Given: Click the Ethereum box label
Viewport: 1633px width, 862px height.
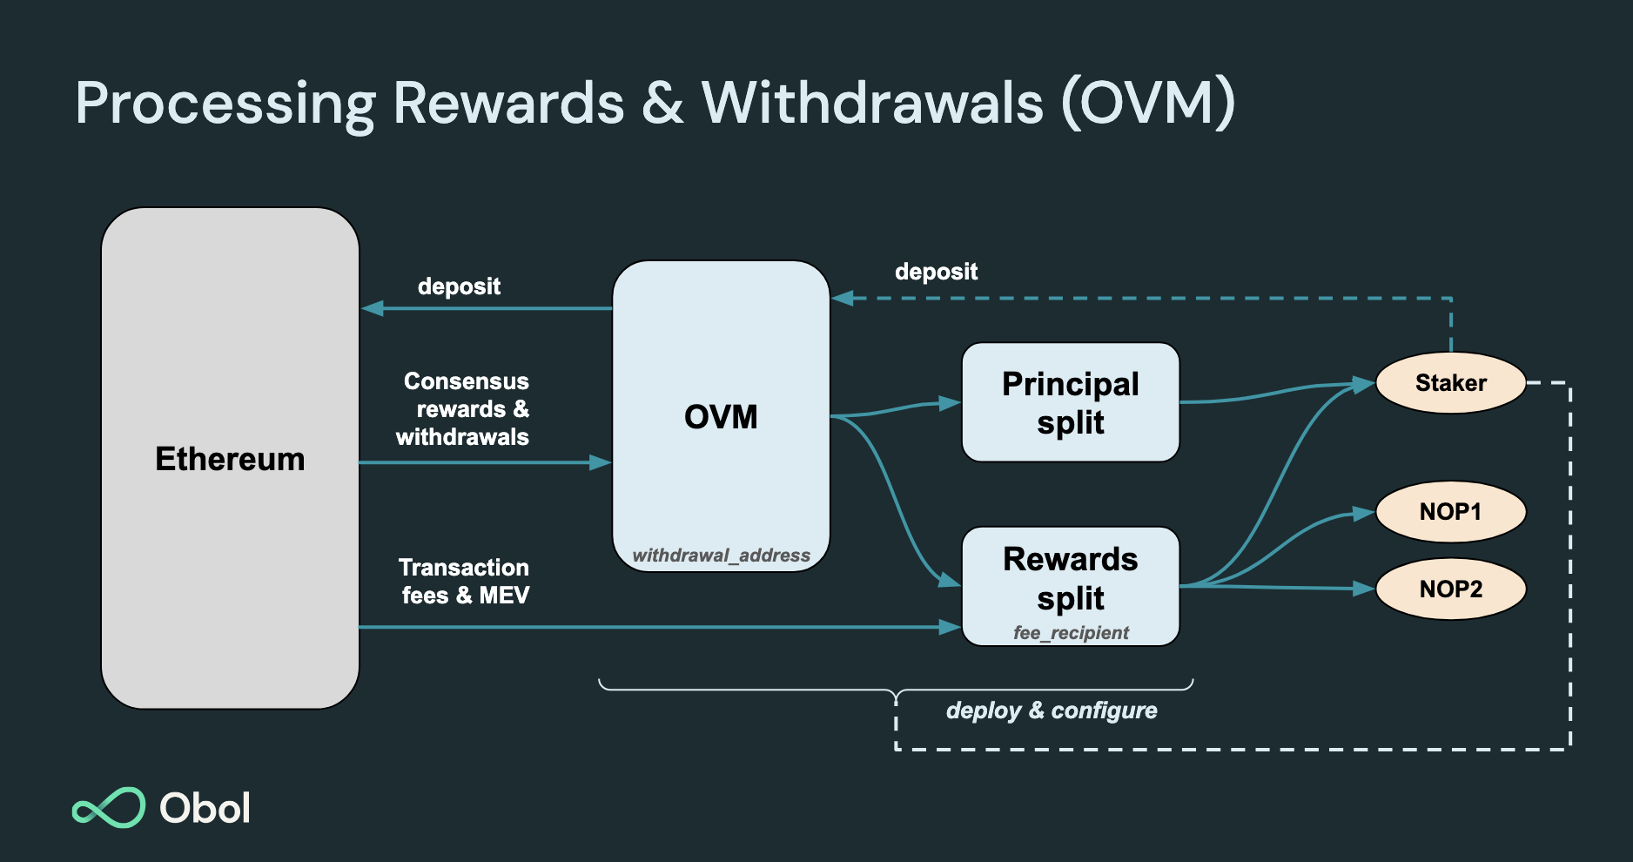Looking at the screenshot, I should tap(230, 459).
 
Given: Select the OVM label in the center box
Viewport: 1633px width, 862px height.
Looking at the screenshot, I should tap(721, 417).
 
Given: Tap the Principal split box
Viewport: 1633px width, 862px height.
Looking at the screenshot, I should tap(1070, 402).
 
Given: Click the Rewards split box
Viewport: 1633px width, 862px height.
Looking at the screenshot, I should tap(1070, 578).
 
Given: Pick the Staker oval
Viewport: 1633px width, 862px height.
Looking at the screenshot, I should tap(1450, 383).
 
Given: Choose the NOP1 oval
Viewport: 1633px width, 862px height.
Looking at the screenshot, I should tap(1450, 512).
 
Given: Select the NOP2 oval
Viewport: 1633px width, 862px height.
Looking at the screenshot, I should tap(1450, 589).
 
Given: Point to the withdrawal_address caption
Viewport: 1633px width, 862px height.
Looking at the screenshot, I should tap(721, 556).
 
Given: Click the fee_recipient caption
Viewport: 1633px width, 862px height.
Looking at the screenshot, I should tap(1071, 633).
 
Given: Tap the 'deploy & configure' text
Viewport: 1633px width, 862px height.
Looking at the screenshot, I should tap(1052, 710).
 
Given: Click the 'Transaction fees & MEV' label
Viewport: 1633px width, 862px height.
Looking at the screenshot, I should tap(465, 582).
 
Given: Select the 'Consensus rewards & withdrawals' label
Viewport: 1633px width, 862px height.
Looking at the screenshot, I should tap(464, 409).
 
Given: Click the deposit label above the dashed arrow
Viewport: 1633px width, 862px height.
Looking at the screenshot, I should tap(936, 272).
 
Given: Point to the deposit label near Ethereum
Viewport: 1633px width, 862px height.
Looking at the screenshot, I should tap(459, 286).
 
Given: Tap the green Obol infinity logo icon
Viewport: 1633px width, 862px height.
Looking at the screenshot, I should tap(109, 808).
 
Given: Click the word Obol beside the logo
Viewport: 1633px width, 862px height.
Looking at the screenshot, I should tap(205, 808).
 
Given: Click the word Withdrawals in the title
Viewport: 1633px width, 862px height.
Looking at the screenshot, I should tap(872, 103).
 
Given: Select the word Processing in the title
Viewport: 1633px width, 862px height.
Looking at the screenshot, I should tap(225, 103).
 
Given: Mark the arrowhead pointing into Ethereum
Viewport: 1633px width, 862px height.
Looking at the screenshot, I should tap(372, 308).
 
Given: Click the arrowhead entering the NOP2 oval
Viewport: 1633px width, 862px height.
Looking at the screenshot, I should tap(1364, 589).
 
